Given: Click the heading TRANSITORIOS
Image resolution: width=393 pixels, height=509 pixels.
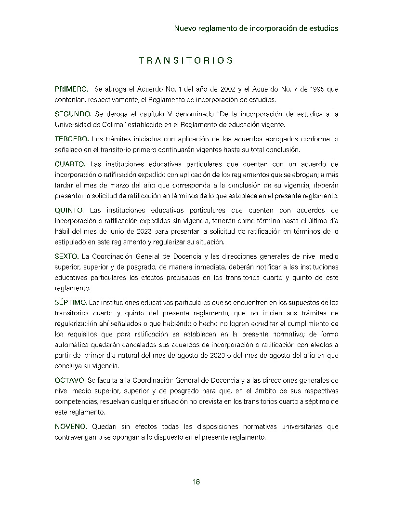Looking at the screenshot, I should pos(186,61).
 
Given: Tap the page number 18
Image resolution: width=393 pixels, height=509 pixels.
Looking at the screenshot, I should pos(196,482).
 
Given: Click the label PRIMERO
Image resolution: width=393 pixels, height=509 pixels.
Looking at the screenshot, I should pos(71,89).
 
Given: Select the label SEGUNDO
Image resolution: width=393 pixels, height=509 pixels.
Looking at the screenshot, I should pos(73,114).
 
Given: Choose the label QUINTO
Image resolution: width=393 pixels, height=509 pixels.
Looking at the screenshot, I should pos(69,210).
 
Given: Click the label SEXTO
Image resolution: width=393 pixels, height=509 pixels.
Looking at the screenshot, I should pos(66,255).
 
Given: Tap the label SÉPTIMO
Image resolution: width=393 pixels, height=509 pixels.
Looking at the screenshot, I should pos(71,302).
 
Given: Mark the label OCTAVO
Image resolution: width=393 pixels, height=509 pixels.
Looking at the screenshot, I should pos(70,380).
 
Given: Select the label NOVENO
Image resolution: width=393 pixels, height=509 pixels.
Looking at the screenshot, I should pos(71,427).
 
